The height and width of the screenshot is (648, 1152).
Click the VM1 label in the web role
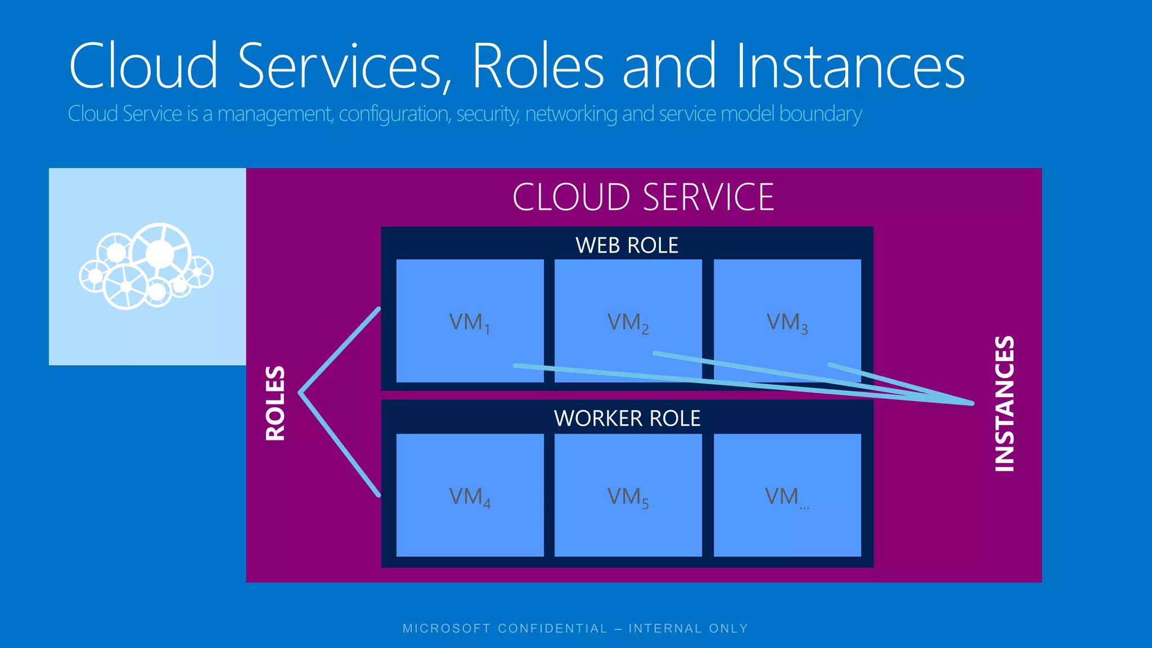470,323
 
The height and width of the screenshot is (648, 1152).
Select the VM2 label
628,323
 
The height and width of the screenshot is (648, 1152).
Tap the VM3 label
787,323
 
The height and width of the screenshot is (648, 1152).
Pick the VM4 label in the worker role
470,497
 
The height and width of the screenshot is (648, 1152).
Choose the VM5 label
628,497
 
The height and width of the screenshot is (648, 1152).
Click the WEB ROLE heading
627,245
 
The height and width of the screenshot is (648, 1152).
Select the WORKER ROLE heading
627,418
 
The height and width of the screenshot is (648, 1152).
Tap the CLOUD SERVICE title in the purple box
643,197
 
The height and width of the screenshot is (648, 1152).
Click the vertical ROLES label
276,403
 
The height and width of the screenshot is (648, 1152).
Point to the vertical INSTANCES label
1005,403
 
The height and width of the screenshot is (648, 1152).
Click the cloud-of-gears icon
146,267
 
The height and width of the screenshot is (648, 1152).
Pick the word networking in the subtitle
571,114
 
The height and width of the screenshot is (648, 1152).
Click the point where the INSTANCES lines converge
971,403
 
